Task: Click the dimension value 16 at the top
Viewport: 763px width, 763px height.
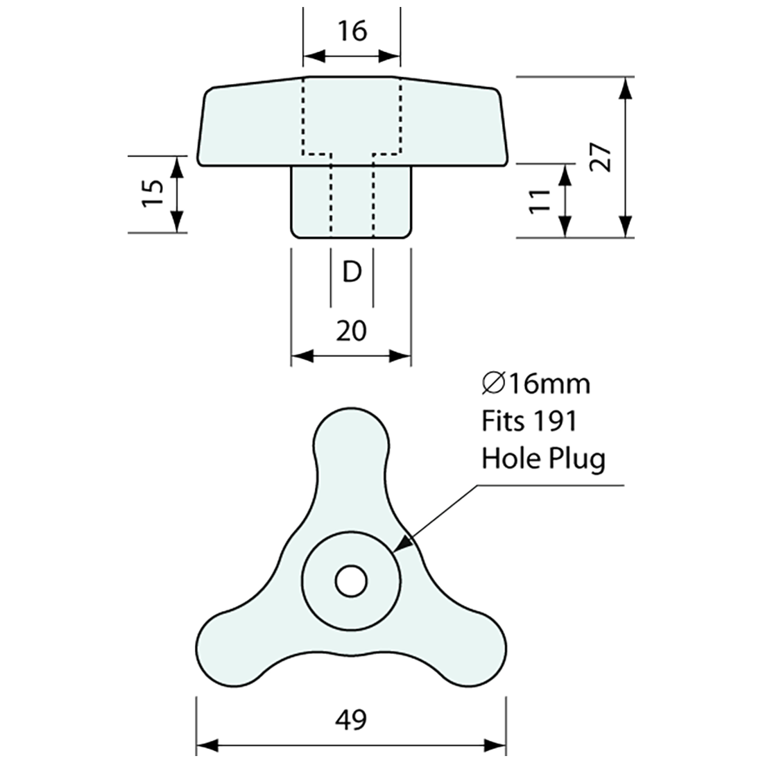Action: click(352, 31)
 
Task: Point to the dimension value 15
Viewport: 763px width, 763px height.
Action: click(153, 194)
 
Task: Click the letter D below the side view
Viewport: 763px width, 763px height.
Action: click(352, 273)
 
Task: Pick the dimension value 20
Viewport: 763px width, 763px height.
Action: click(351, 331)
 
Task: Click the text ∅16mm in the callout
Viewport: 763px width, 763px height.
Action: click(535, 383)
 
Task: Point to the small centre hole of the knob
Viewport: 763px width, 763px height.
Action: click(351, 581)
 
